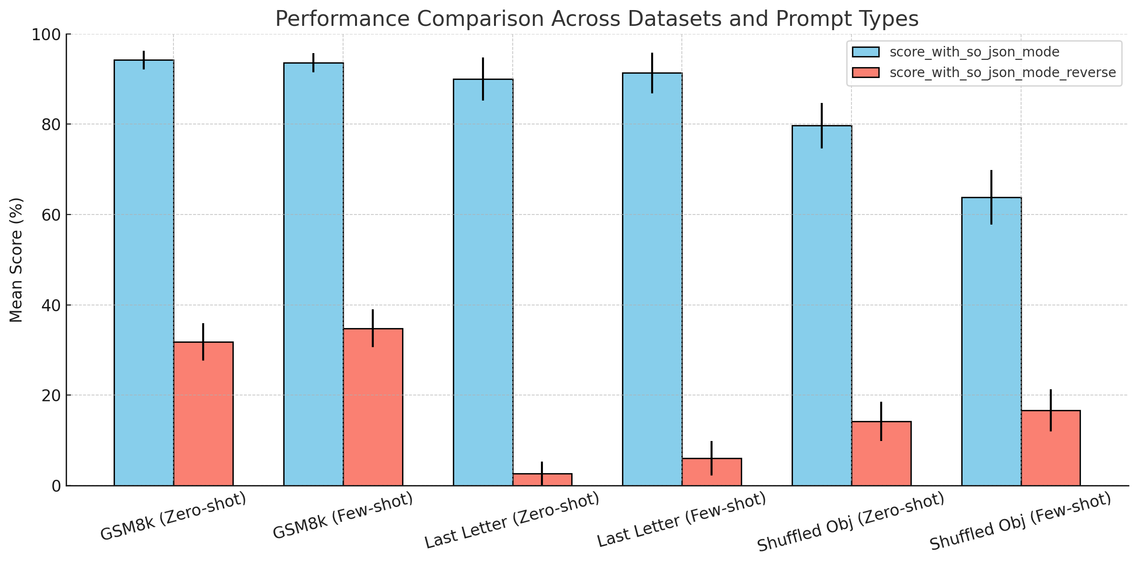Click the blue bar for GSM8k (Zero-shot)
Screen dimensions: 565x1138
coord(144,273)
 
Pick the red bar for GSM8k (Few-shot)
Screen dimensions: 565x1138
coord(373,407)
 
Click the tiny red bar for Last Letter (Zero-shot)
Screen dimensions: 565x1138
coord(542,479)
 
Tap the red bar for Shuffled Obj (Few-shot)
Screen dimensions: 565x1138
coord(1051,448)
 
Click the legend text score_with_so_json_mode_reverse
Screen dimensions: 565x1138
coord(1003,72)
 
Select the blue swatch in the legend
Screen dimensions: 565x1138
coord(866,52)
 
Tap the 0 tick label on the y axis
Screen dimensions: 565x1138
coord(56,486)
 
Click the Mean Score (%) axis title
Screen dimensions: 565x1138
coord(16,260)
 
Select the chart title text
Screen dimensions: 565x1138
coord(597,19)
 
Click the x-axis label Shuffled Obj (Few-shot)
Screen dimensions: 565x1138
coord(1020,522)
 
